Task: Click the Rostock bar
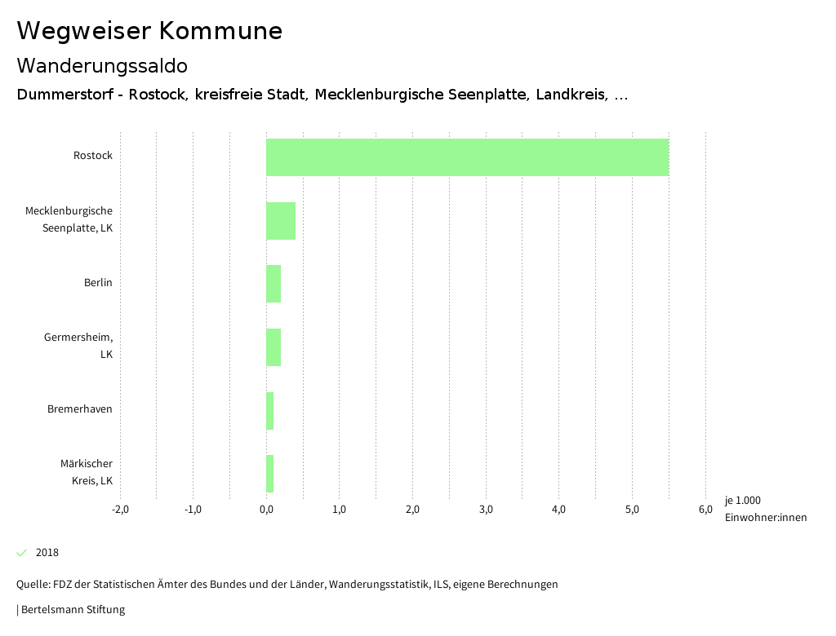point(467,157)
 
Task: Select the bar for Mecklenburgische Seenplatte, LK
point(281,221)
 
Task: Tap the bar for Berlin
point(273,284)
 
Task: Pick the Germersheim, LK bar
point(273,347)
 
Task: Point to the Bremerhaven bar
point(270,411)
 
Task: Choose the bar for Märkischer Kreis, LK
point(270,474)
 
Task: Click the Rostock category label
point(93,156)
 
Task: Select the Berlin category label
point(98,283)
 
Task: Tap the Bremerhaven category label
point(80,409)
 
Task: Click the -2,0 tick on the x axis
point(120,510)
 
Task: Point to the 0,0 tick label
point(266,510)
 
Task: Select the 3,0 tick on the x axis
point(486,510)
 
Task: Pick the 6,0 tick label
point(705,510)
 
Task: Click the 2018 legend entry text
point(47,553)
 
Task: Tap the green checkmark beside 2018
point(22,553)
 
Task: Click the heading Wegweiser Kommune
point(149,31)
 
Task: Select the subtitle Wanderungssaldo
point(102,65)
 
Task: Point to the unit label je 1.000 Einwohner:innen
point(765,509)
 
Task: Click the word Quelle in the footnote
point(32,585)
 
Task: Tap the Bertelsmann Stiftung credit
point(73,610)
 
